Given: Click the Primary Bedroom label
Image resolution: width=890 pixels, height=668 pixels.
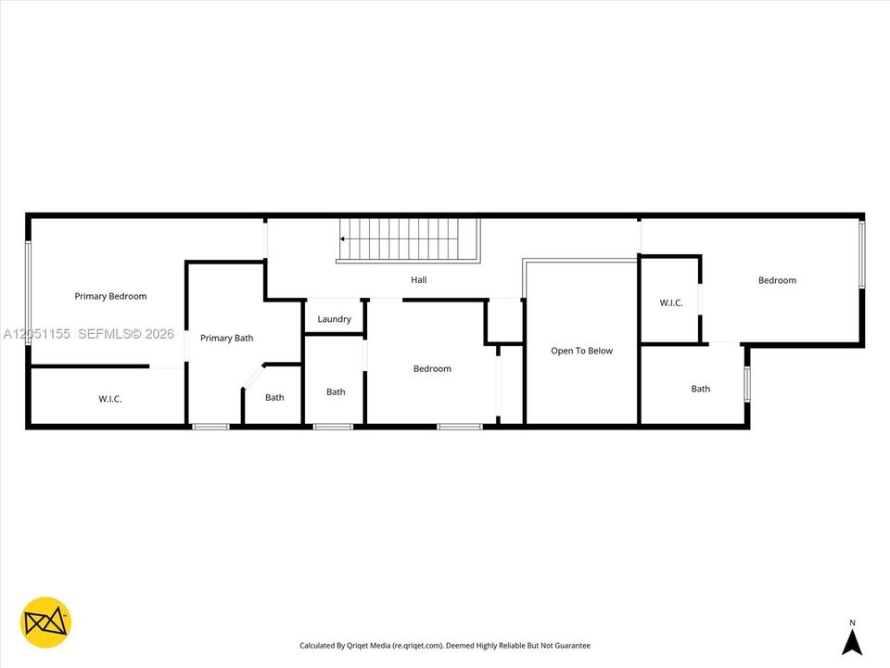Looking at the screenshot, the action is click(x=110, y=296).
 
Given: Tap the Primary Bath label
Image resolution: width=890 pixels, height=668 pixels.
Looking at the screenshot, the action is click(x=226, y=338).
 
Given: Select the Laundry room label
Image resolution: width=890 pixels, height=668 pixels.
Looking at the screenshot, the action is click(x=334, y=319).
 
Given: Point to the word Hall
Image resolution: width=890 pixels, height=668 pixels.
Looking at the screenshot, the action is click(x=419, y=279).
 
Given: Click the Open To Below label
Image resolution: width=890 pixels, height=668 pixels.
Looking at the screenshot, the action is click(x=582, y=351).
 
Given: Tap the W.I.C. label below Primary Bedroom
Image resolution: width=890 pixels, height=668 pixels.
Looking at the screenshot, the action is click(x=110, y=399).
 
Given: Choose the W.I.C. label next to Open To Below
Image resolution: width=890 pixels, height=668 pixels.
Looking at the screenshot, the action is click(x=671, y=302).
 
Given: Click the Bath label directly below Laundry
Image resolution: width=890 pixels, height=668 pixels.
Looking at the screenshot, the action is click(x=336, y=392).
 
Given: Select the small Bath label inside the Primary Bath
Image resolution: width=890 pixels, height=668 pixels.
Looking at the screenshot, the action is click(x=274, y=398).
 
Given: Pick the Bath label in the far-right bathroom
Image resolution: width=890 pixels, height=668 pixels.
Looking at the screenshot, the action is click(x=701, y=389).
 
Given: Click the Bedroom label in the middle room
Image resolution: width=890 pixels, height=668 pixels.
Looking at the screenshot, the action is click(x=432, y=368).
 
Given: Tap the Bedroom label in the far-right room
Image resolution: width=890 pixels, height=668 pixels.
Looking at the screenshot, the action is click(x=777, y=280).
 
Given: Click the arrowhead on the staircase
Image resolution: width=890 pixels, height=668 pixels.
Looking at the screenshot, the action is click(x=343, y=239).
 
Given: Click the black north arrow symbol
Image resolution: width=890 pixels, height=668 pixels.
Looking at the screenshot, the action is click(x=852, y=642).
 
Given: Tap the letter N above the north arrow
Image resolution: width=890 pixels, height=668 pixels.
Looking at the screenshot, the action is click(x=852, y=623).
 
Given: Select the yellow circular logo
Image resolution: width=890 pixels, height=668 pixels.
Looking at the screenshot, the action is click(x=45, y=622).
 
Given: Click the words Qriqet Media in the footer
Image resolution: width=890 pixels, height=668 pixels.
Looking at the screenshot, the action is click(x=368, y=646).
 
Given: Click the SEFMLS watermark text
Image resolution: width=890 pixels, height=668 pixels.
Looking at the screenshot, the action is click(x=126, y=334).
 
